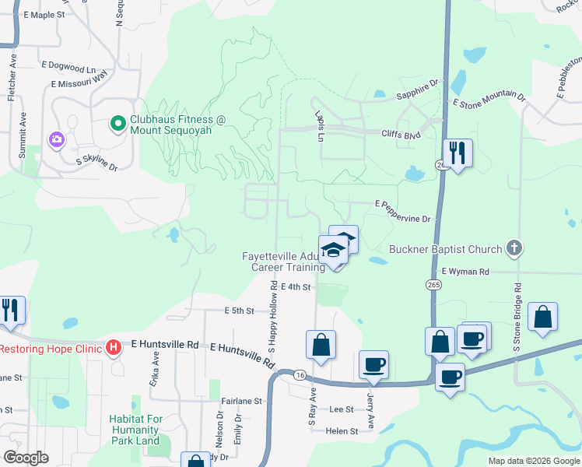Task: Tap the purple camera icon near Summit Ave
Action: (x=56, y=140)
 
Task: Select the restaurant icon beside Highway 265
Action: (x=457, y=153)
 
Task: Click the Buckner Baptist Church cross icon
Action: (x=513, y=249)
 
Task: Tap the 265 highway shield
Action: (x=433, y=286)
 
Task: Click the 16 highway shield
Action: (x=300, y=375)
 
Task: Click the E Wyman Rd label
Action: (x=465, y=272)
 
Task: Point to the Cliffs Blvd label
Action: (x=401, y=134)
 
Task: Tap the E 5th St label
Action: (x=240, y=311)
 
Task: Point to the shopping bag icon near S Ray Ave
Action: (x=321, y=345)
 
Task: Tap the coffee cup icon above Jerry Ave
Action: (x=373, y=364)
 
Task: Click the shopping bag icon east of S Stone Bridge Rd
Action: (x=542, y=317)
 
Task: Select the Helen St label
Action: (x=342, y=430)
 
